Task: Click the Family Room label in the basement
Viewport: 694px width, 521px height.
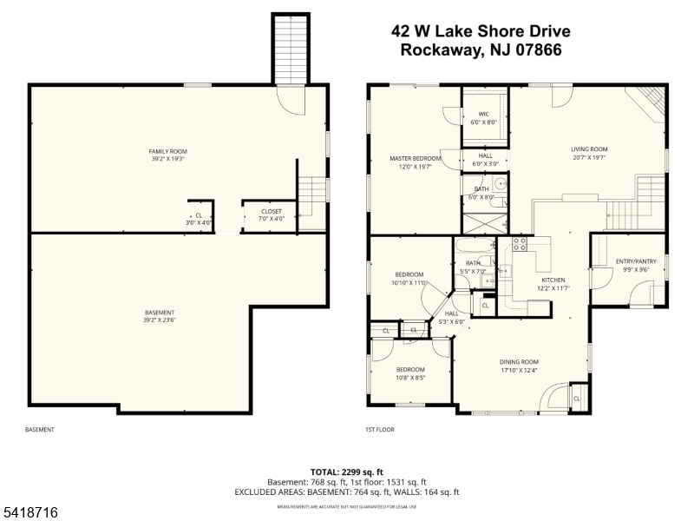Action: click(x=167, y=155)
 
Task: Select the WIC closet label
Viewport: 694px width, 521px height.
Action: click(x=483, y=118)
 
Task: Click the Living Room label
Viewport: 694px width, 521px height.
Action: click(x=589, y=153)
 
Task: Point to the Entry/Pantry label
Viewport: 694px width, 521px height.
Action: click(x=636, y=265)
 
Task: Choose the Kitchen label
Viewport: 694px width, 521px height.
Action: click(x=553, y=284)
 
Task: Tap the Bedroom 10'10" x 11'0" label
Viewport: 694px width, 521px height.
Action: click(x=409, y=279)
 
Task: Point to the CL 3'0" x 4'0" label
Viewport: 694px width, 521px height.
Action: click(x=199, y=219)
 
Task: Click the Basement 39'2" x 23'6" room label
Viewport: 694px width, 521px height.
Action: click(x=160, y=316)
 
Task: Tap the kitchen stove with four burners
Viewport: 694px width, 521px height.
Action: click(x=520, y=244)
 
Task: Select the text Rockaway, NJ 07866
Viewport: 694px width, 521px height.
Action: click(x=481, y=50)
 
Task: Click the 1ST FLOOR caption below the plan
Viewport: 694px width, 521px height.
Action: click(x=380, y=430)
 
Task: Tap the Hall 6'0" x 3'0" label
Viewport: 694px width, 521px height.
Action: click(x=485, y=159)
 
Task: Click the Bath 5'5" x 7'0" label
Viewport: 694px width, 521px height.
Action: click(x=473, y=267)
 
